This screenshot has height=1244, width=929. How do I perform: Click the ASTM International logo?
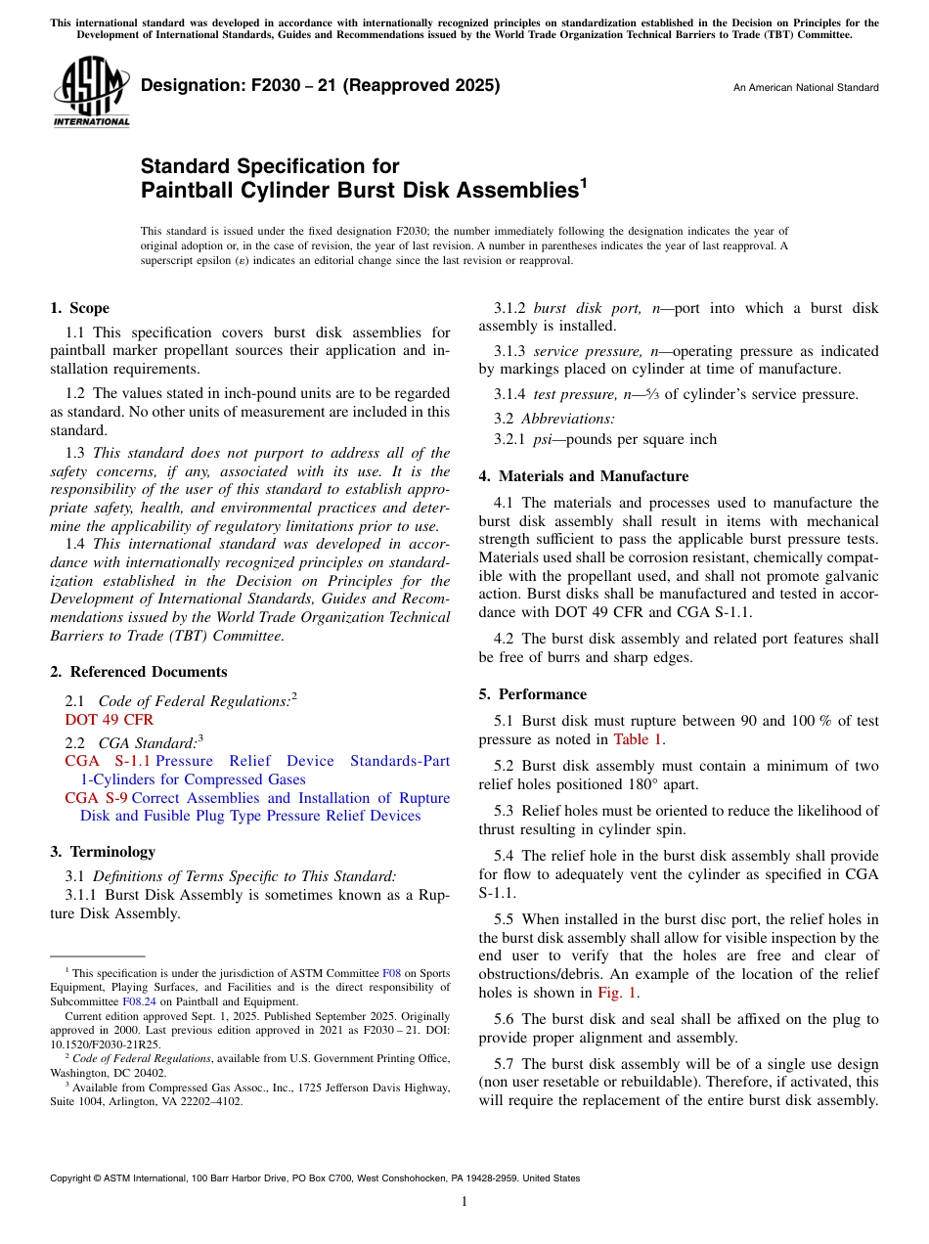pos(91,90)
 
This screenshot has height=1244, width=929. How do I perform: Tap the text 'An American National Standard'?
pos(806,88)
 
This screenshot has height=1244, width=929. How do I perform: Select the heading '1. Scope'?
pos(79,308)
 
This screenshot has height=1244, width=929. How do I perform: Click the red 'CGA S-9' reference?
pos(96,798)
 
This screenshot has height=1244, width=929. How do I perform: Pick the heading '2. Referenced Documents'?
pos(138,672)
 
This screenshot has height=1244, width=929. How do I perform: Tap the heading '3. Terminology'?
pos(103,852)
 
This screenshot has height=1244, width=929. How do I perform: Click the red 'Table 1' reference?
pos(638,739)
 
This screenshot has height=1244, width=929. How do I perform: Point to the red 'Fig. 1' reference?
pos(617,993)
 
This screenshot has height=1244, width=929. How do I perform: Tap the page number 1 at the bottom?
pos(464,1202)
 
